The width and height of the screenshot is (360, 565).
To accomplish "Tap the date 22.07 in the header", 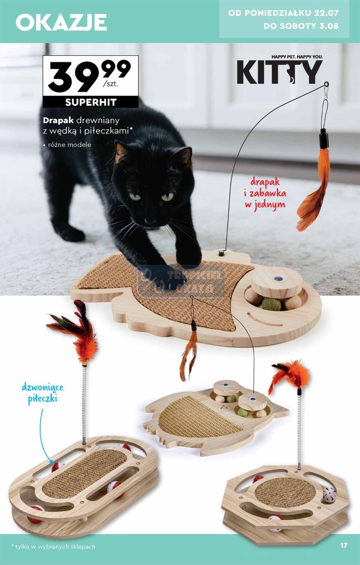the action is click(326, 13).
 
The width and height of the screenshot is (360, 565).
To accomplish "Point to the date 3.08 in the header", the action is click(329, 26).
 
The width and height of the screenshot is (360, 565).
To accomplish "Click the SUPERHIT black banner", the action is click(91, 102).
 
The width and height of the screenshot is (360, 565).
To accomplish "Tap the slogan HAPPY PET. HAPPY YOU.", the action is click(297, 57).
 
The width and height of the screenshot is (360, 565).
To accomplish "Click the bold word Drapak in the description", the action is click(58, 121).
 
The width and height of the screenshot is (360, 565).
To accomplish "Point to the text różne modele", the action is click(70, 145).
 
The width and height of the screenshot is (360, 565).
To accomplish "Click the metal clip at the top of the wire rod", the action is click(325, 90).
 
